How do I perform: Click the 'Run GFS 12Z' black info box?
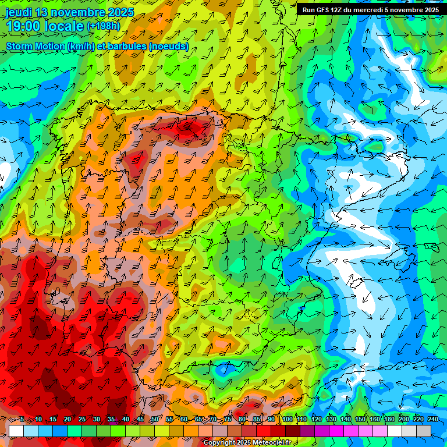coord(370,10)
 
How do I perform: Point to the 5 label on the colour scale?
coord(22,420)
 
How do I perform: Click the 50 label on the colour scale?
coord(154,420)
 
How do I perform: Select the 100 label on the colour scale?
coord(287,420)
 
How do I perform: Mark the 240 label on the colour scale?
coord(432,420)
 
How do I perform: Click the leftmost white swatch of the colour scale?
coord(16,431)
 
